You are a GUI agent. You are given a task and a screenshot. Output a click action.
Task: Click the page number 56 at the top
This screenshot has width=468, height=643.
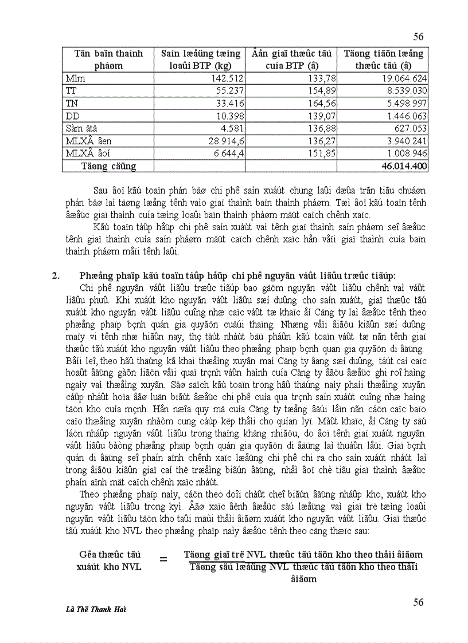(418, 37)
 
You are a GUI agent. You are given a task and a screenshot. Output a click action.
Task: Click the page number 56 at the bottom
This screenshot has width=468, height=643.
(418, 602)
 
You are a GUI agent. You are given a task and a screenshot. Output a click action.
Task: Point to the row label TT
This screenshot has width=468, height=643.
(71, 90)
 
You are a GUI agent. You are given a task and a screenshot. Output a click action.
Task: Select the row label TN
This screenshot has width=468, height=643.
(72, 103)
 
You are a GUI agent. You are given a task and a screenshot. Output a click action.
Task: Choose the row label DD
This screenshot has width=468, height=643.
(72, 116)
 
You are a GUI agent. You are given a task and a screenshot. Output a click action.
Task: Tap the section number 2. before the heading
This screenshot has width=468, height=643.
(56, 275)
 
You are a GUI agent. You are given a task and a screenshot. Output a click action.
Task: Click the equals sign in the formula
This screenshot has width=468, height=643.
(163, 560)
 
